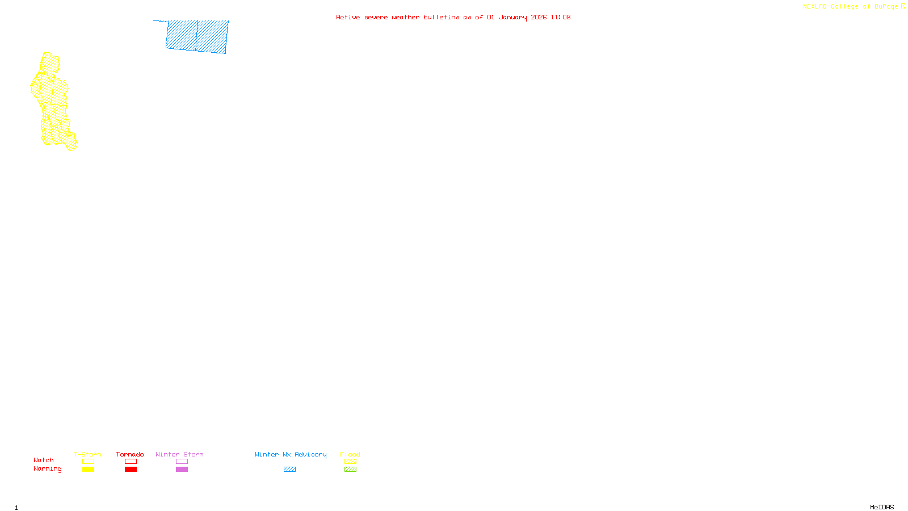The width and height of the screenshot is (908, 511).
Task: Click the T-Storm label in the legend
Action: click(x=87, y=454)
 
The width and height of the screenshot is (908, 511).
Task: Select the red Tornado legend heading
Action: click(x=130, y=454)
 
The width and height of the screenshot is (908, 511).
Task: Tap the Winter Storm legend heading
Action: click(x=179, y=454)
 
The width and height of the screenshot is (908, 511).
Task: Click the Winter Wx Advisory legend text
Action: click(x=291, y=454)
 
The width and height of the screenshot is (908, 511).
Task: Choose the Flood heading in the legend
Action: click(x=350, y=454)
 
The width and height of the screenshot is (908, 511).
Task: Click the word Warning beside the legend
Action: click(x=48, y=469)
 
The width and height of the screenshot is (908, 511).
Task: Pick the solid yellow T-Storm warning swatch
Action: click(x=88, y=470)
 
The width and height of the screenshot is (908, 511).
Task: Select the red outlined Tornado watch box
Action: click(x=131, y=462)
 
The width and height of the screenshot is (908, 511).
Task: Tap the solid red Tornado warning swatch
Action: click(x=131, y=470)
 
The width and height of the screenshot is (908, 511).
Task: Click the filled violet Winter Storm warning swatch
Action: click(x=182, y=470)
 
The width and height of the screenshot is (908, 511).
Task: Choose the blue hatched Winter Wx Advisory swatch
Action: click(x=289, y=470)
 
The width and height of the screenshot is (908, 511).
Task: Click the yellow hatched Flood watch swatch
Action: click(x=350, y=462)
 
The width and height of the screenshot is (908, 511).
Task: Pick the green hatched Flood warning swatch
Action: click(x=350, y=470)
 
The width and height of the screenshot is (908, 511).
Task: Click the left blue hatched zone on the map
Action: click(x=181, y=35)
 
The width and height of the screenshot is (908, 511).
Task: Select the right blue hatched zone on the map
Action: click(x=212, y=37)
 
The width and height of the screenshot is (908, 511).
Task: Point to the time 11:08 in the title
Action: click(x=560, y=17)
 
